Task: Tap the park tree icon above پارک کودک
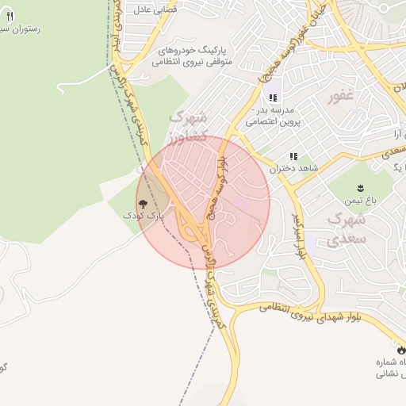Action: (144, 204)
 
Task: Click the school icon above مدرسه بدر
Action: (274, 98)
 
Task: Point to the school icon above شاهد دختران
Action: (293, 157)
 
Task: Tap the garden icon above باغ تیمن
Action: (360, 188)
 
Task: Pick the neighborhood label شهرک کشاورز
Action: (189, 127)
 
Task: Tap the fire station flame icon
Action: (401, 350)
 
